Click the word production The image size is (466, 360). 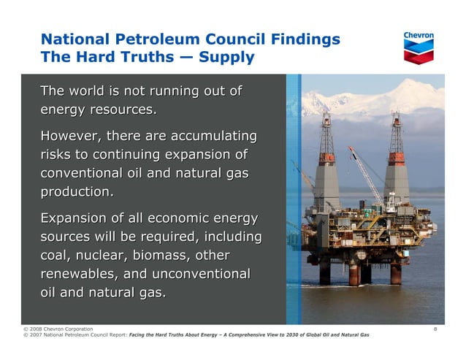(77, 193)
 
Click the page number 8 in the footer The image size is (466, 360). (435, 329)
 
